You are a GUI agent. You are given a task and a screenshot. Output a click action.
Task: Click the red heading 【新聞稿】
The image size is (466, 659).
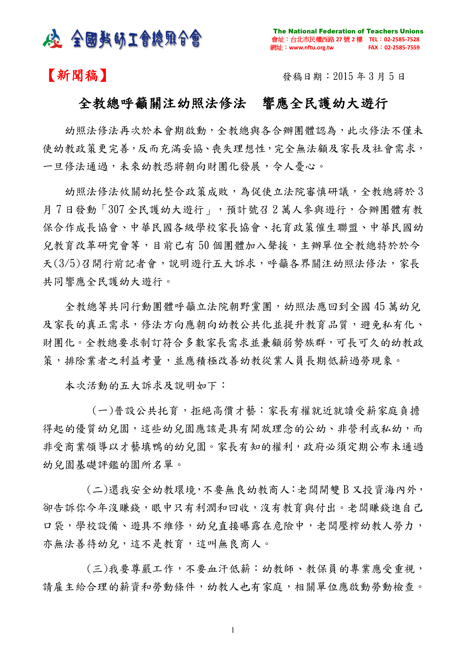pyautogui.click(x=77, y=76)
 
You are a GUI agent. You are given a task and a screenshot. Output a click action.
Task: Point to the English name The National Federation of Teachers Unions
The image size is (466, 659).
pyautogui.click(x=348, y=31)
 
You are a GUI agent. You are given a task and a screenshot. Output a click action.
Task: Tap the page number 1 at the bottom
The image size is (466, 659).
pyautogui.click(x=233, y=630)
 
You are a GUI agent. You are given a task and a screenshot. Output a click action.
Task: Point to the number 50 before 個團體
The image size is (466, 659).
pyautogui.click(x=203, y=246)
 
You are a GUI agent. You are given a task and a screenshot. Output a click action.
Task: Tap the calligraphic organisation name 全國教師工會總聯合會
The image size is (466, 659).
pyautogui.click(x=136, y=39)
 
